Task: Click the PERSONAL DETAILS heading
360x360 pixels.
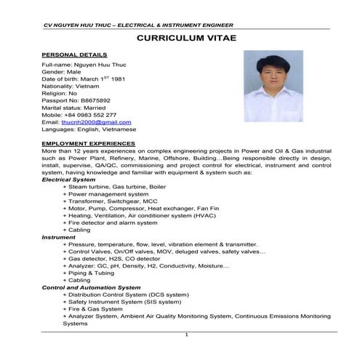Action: [74, 55]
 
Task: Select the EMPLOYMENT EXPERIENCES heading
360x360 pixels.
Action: [89, 144]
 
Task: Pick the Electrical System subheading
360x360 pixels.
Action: [68, 179]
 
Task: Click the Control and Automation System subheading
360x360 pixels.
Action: [92, 287]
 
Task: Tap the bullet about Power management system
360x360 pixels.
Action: [110, 194]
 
